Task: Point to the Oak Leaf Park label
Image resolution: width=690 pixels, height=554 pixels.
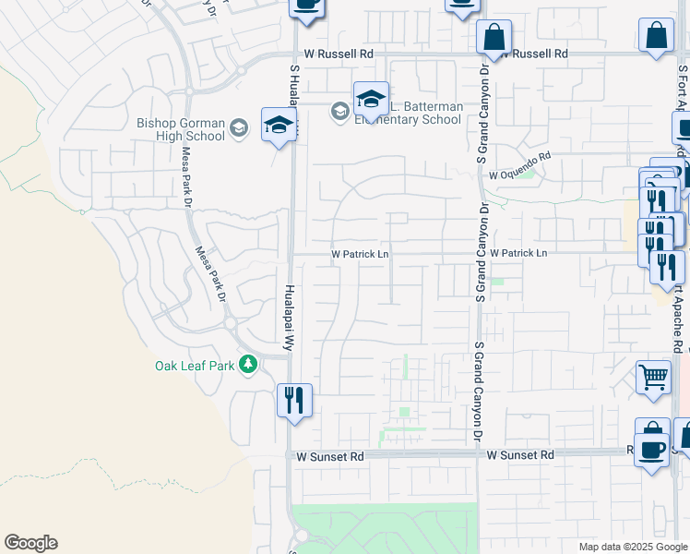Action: (194, 365)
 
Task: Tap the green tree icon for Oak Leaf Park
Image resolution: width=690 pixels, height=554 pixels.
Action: (247, 365)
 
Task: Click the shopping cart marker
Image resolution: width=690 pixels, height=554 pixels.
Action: (652, 377)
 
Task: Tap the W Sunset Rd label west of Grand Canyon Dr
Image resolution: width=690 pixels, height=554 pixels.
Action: (330, 456)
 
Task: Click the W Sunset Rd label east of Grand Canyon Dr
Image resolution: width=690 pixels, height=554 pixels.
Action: (520, 455)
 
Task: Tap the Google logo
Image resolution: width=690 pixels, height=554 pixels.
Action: (30, 543)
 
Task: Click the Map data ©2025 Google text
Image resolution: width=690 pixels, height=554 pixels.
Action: (632, 547)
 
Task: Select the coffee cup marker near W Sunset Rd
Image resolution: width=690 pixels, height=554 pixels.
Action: (652, 450)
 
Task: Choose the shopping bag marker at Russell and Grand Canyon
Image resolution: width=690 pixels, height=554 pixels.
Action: (494, 37)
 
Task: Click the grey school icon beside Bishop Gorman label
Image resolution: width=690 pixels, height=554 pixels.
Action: (239, 127)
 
